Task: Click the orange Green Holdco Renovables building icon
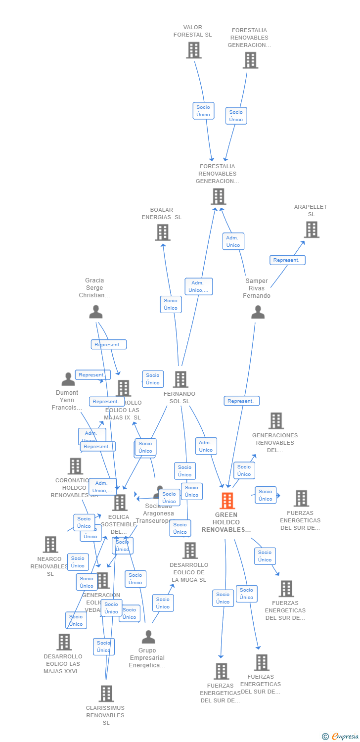(x=227, y=501)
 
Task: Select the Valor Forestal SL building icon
(x=193, y=50)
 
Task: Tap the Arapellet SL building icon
(x=311, y=230)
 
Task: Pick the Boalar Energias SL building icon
(x=163, y=232)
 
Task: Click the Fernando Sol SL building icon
(x=180, y=379)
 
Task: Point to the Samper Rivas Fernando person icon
(x=258, y=312)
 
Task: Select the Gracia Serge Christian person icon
(x=95, y=312)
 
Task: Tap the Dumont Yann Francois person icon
(x=68, y=379)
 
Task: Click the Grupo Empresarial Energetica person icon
(x=148, y=637)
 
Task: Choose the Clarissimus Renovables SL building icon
(x=106, y=694)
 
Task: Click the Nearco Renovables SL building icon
(x=50, y=544)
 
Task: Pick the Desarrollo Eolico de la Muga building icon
(x=190, y=550)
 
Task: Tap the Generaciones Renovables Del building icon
(x=276, y=420)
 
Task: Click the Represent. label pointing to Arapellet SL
(x=287, y=260)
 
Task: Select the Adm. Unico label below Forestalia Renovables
(x=233, y=241)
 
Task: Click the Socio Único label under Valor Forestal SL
(x=203, y=111)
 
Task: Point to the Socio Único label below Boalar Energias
(x=171, y=304)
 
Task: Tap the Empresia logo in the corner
(x=341, y=737)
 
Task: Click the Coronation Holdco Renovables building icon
(x=75, y=466)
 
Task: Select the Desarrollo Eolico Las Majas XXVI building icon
(x=64, y=642)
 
